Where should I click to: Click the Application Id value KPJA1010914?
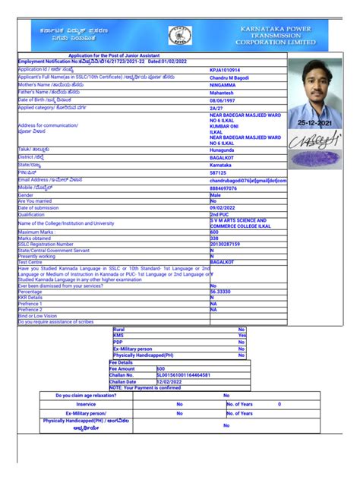pos(229,69)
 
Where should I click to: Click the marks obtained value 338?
pos(215,238)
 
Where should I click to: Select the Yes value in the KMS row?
pos(242,335)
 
